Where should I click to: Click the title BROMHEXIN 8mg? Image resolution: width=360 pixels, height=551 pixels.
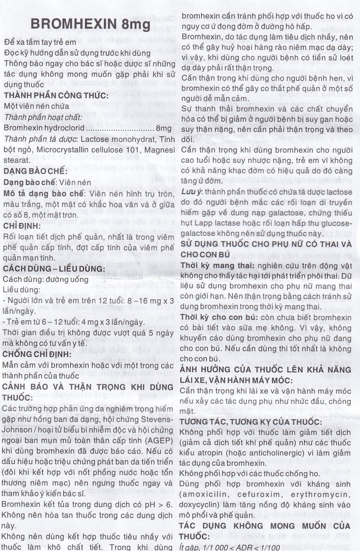coord(90,24)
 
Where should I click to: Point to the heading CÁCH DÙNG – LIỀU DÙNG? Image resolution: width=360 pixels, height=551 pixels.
coord(54,269)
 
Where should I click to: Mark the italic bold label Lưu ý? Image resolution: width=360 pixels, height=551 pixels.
coord(191,192)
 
